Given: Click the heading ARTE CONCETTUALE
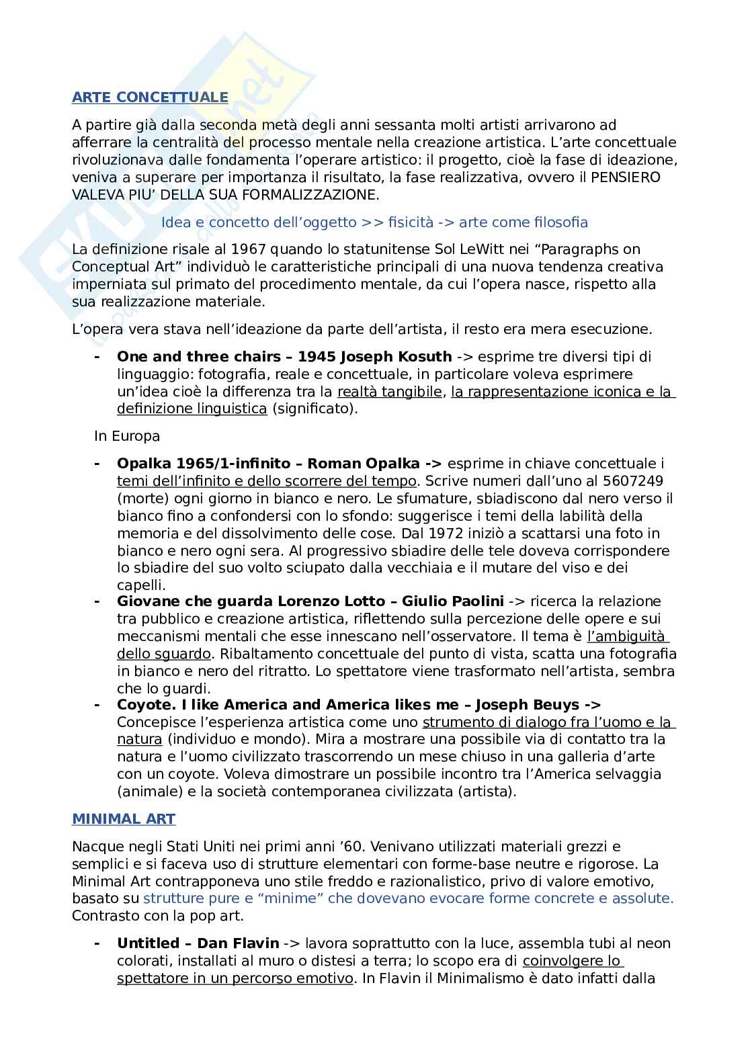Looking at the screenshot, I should click(150, 97).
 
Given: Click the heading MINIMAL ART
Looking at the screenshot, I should click(124, 819).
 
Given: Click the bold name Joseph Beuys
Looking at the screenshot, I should click(527, 705).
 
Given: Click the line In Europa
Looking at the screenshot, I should click(127, 436).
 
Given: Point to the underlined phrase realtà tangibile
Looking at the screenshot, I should click(389, 392).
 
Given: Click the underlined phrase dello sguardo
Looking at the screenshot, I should click(164, 654).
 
